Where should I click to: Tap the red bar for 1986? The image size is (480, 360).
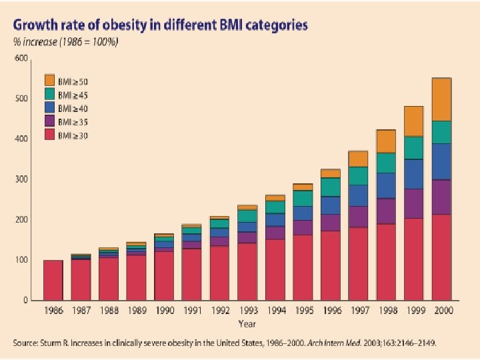click(x=53, y=280)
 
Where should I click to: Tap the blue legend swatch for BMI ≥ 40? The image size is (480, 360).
click(x=49, y=107)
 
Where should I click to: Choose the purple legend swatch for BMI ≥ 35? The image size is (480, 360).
click(x=49, y=122)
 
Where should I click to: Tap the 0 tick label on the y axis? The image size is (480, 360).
click(x=25, y=301)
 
